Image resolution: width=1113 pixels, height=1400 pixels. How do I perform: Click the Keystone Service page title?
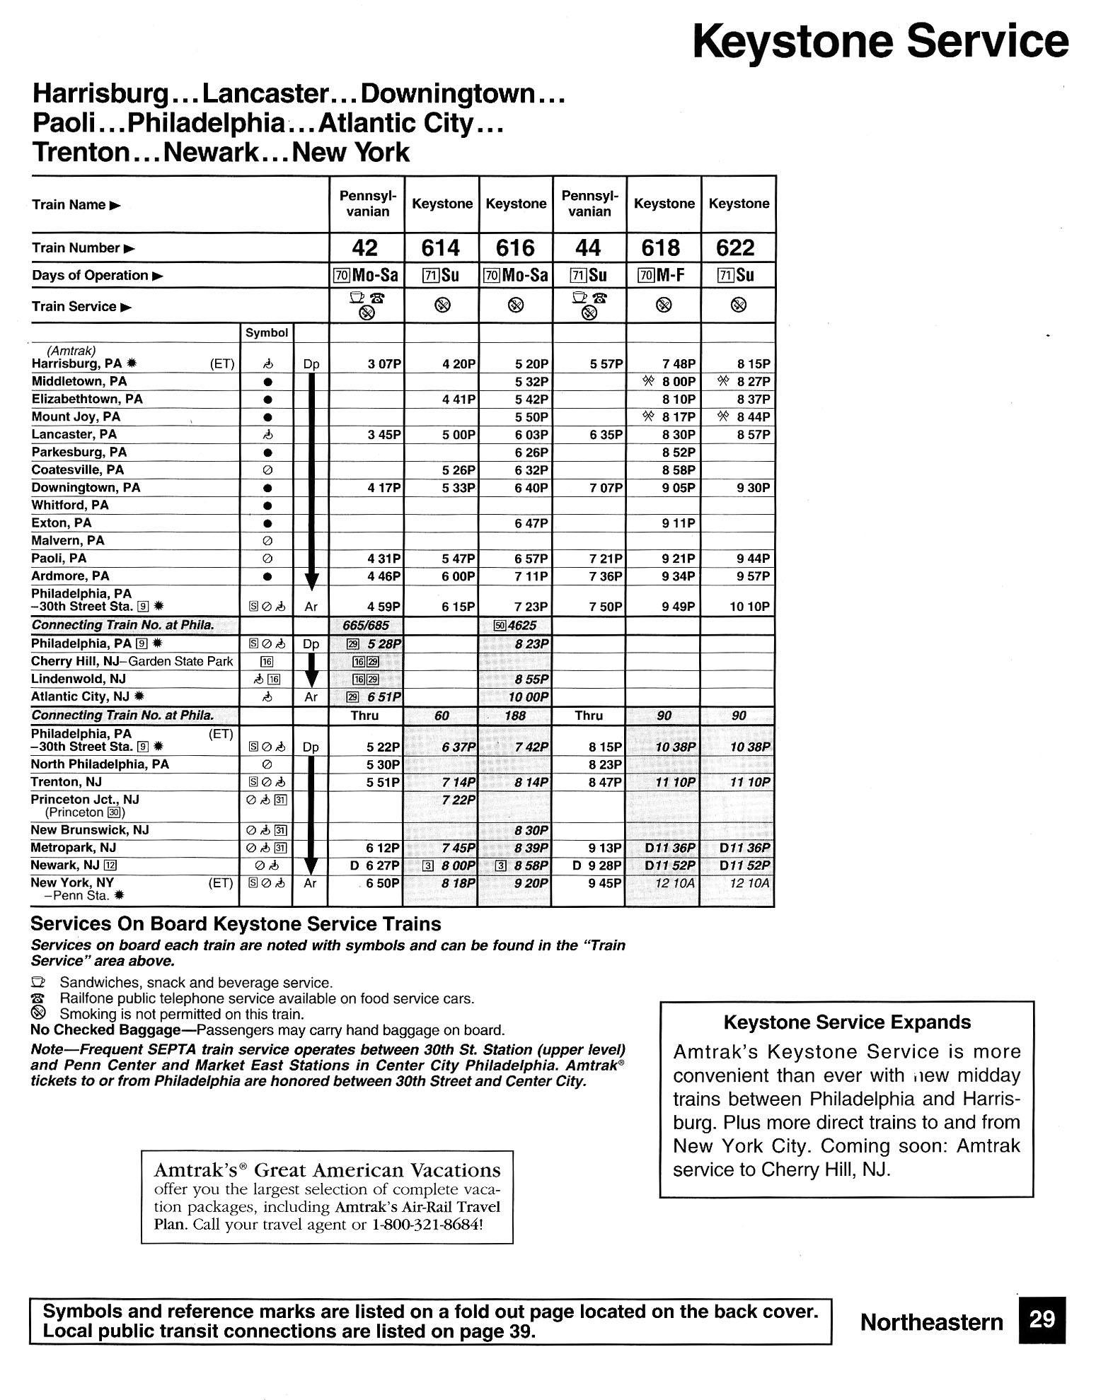[x=880, y=42]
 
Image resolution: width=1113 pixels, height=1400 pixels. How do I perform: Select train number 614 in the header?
[x=440, y=248]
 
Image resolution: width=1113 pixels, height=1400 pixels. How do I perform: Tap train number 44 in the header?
[x=588, y=248]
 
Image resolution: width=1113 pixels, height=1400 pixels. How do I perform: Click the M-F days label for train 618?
[x=670, y=275]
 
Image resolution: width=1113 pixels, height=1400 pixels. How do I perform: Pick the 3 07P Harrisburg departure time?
[x=384, y=364]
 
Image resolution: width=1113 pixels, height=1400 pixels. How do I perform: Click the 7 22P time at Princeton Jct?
[x=458, y=800]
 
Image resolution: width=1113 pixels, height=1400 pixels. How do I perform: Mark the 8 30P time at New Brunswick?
[x=531, y=830]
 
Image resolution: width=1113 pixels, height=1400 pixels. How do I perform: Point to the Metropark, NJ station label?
[x=73, y=848]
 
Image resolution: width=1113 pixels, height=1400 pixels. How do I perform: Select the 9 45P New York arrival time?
[x=604, y=883]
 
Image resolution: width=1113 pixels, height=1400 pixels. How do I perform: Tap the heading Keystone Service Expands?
[x=846, y=1022]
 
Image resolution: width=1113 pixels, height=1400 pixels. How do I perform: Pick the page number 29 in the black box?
[x=1042, y=1319]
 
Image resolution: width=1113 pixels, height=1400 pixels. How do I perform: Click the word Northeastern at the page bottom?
[x=931, y=1322]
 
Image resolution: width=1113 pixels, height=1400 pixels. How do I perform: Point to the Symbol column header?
[x=267, y=333]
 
